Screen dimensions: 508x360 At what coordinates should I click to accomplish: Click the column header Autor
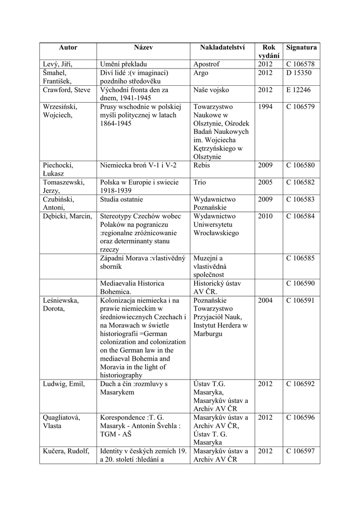[68, 48]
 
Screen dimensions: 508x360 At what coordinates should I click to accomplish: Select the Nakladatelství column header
[222, 48]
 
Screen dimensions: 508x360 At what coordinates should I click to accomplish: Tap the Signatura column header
[301, 48]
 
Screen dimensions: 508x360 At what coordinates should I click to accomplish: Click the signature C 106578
[300, 64]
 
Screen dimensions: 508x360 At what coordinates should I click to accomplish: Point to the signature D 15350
[298, 73]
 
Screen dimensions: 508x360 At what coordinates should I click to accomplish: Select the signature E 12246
[298, 90]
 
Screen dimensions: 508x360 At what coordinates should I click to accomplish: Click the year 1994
[265, 107]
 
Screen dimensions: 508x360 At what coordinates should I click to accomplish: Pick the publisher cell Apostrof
[207, 64]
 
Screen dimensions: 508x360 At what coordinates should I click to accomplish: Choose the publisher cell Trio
[200, 183]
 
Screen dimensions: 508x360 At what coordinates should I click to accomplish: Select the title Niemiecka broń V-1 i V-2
[138, 165]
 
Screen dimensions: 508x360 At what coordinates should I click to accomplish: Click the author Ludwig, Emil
[64, 384]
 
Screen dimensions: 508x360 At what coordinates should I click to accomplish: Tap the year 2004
[265, 300]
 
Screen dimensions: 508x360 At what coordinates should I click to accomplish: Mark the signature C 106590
[300, 283]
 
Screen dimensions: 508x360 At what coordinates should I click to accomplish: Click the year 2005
[265, 183]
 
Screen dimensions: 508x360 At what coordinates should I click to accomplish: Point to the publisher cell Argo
[201, 73]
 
